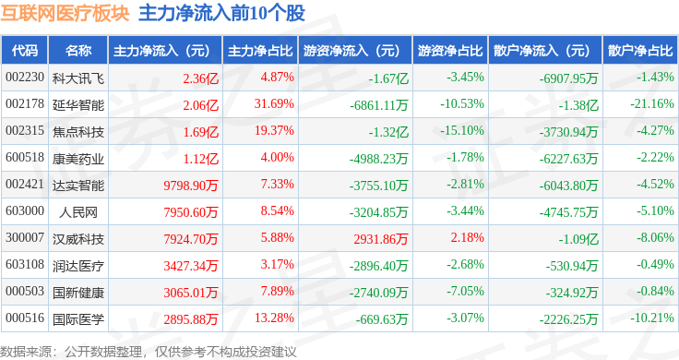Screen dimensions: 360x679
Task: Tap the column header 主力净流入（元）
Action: pyautogui.click(x=161, y=50)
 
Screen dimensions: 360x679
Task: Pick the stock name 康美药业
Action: pyautogui.click(x=77, y=158)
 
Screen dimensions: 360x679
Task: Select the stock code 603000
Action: pyautogui.click(x=25, y=212)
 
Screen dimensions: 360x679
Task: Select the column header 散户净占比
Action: pyautogui.click(x=640, y=50)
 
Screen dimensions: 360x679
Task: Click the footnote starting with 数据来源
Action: pyautogui.click(x=148, y=351)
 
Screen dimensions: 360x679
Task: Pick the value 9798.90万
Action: pyautogui.click(x=191, y=186)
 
